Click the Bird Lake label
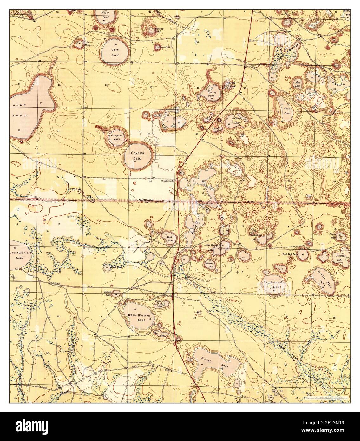click(x=297, y=84)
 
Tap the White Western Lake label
click(x=137, y=318)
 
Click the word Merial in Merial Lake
click(x=206, y=358)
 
